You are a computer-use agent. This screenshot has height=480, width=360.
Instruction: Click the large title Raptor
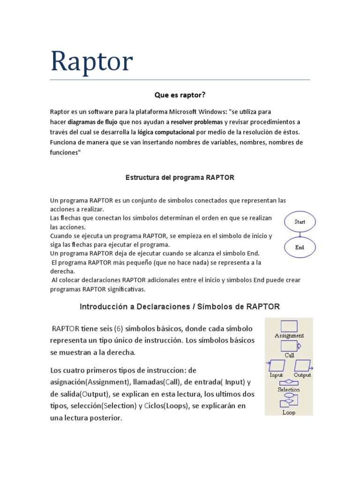click(92, 61)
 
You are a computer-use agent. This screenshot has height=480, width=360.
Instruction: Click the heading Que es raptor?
click(180, 95)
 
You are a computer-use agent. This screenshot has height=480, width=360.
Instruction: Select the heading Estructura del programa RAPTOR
click(180, 178)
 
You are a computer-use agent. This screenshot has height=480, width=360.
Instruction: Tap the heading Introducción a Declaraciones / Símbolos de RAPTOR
click(180, 307)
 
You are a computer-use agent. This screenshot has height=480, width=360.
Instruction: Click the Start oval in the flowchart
click(300, 222)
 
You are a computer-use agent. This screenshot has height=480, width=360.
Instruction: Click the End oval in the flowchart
click(300, 247)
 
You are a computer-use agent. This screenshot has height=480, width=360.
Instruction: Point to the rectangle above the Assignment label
click(289, 326)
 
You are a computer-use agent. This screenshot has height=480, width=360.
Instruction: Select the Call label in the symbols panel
click(289, 355)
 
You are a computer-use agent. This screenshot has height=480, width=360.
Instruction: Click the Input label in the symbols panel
click(276, 375)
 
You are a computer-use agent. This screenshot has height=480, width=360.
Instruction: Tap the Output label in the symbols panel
click(303, 375)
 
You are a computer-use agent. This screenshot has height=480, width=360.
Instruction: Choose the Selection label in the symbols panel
click(289, 390)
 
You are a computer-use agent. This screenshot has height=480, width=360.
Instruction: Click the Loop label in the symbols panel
click(289, 412)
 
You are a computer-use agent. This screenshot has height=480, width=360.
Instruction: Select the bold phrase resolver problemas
click(196, 122)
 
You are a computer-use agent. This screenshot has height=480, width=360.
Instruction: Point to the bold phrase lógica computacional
click(166, 132)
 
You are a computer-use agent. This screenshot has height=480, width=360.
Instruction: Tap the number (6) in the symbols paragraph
click(117, 328)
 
